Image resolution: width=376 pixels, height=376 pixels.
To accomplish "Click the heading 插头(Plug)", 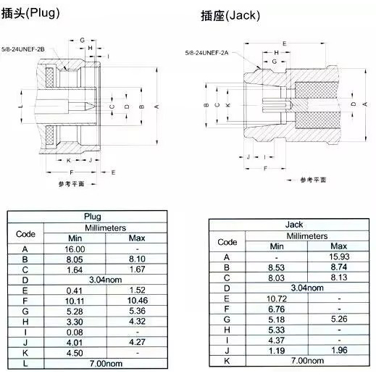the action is point(30,13).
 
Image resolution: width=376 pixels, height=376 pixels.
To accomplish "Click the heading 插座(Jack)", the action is point(230,15).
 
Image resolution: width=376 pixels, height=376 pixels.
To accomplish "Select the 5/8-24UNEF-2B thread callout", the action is point(23,49).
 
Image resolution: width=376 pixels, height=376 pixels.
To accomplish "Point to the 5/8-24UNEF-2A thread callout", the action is point(206,53).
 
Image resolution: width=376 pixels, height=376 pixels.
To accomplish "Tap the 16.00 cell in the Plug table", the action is point(75,249).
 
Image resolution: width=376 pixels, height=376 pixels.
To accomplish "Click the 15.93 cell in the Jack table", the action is point(339,256).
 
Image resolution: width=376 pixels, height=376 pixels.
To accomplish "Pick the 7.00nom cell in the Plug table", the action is point(106,364).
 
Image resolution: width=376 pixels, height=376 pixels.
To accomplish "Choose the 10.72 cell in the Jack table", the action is point(277,298).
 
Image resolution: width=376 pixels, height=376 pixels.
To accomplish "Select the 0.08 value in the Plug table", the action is point(75,333).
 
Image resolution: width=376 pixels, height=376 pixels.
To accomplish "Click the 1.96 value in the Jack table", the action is point(339,350).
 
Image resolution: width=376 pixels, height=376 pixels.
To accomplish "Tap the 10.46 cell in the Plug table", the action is point(138,301).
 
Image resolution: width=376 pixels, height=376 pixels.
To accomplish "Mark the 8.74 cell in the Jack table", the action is point(339,267).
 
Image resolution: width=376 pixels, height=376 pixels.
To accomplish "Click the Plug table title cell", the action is point(93,217).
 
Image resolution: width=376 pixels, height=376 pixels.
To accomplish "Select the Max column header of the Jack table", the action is point(339,246).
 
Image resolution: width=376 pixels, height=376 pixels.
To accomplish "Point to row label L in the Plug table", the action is point(25,364).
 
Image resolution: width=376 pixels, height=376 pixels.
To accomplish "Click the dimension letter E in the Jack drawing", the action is point(285,43).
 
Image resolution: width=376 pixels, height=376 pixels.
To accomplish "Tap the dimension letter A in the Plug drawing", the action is point(156,106).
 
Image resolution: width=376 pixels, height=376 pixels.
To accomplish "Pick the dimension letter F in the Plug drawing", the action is point(71,172).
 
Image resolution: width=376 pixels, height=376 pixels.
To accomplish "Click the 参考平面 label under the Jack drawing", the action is point(313,180).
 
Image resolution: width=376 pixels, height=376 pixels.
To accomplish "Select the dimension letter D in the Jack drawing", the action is point(354,104).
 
